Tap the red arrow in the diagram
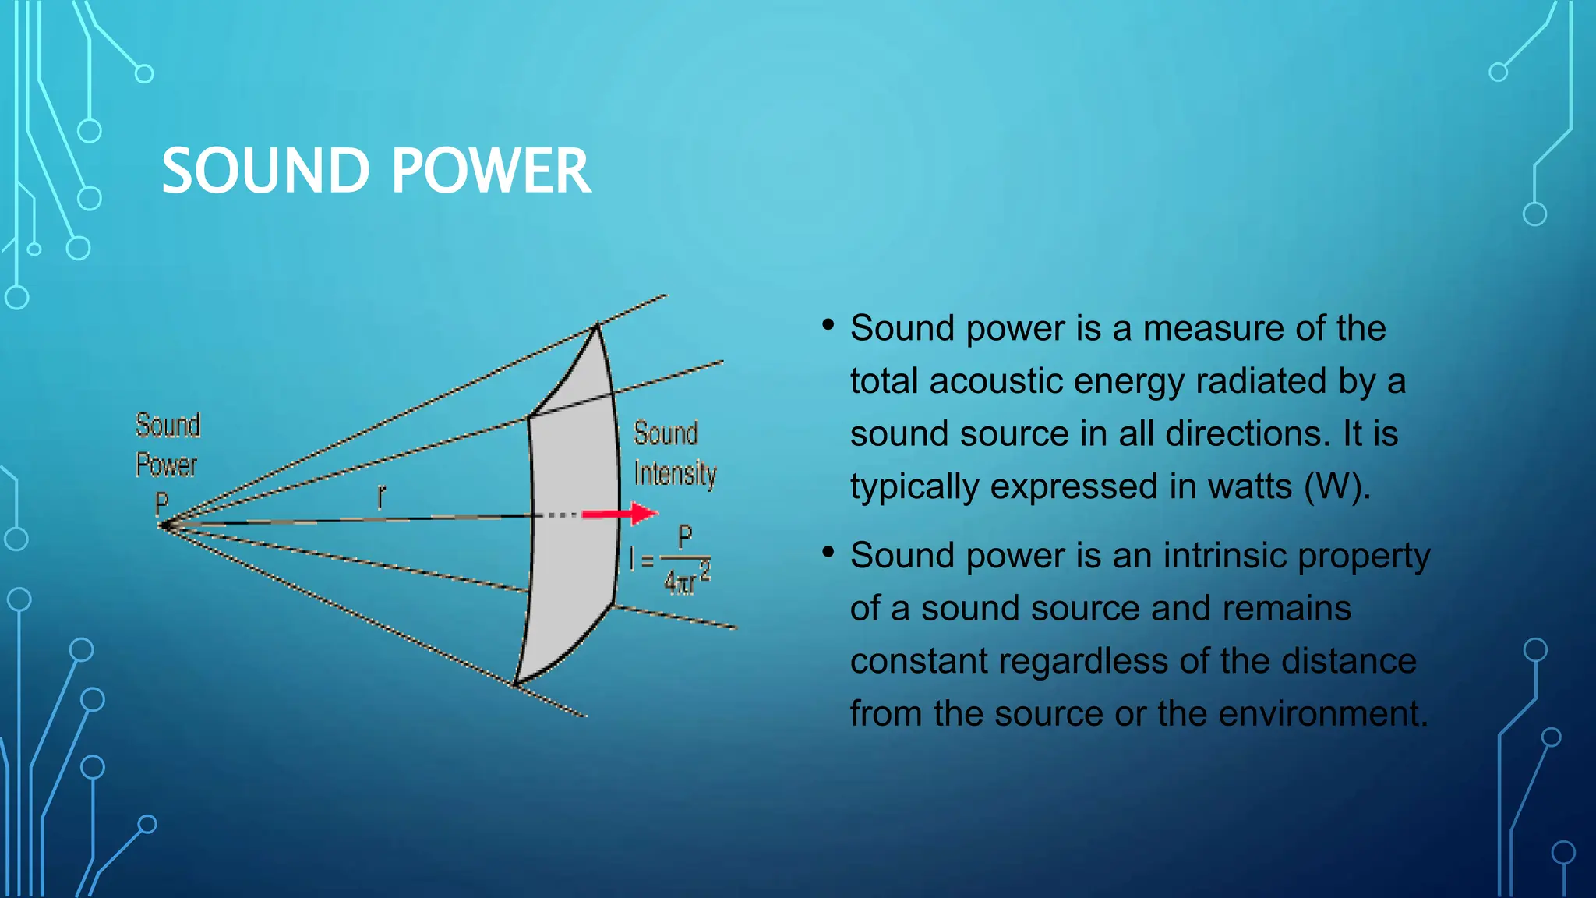click(620, 514)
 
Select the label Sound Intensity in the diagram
click(674, 453)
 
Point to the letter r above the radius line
click(381, 497)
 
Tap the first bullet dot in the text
click(828, 324)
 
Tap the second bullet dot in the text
click(828, 552)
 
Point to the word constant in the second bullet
click(923, 661)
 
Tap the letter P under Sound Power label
click(162, 504)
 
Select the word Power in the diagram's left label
click(166, 465)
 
